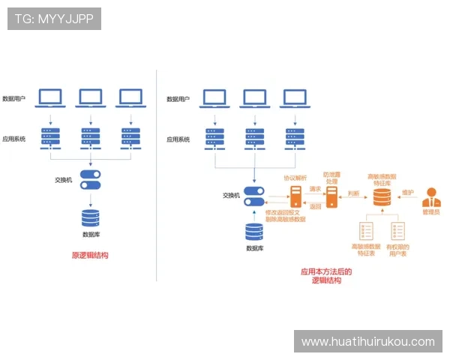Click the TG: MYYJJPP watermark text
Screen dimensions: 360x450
(x=53, y=19)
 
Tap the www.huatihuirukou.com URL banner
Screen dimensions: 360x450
(x=367, y=341)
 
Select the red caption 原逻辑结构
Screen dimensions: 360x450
(x=90, y=255)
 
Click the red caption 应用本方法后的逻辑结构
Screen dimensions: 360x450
(x=326, y=276)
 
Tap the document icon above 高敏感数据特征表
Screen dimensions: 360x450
(x=367, y=230)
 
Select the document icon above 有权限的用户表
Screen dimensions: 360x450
(x=397, y=230)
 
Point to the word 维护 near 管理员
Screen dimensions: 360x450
(x=408, y=193)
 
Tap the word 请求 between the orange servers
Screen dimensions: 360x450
(x=315, y=190)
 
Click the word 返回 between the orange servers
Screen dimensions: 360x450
(x=315, y=206)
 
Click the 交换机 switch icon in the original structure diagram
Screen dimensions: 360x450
(x=90, y=180)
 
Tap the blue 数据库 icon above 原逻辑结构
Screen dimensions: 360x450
(x=90, y=217)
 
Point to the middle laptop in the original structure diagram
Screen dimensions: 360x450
(x=90, y=97)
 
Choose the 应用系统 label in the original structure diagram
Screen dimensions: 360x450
(x=14, y=139)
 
